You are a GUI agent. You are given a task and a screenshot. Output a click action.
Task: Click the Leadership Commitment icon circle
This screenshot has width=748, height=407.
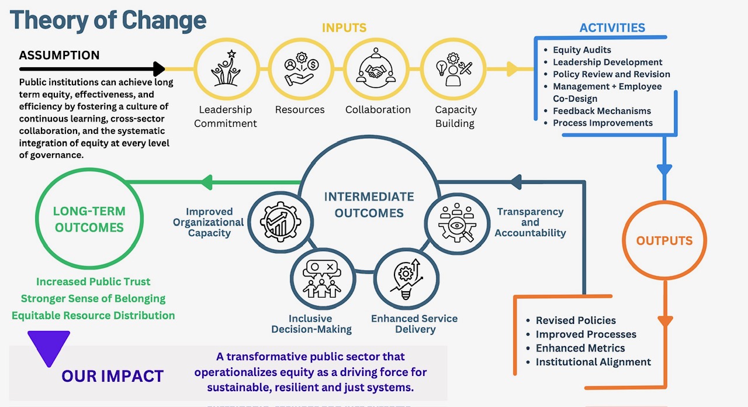pos(226,70)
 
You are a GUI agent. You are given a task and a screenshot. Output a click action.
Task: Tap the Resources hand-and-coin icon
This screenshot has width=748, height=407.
pos(300,70)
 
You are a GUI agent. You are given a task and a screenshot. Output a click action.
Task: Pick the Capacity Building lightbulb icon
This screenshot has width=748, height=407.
pos(453,70)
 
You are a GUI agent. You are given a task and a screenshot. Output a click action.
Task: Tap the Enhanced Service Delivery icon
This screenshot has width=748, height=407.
pos(403,280)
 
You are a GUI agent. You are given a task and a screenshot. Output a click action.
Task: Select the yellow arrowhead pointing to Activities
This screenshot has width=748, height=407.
pos(512,69)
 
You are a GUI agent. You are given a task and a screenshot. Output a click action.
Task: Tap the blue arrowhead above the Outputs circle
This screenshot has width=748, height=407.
pos(664,170)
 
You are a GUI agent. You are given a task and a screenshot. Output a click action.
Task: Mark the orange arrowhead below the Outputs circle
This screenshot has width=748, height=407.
pos(665,322)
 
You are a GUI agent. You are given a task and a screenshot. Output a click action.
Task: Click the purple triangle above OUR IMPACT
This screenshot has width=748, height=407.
pos(49,346)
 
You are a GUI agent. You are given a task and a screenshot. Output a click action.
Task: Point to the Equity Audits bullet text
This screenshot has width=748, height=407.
pos(582,50)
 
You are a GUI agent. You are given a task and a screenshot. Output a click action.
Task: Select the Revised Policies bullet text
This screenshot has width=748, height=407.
pos(576,320)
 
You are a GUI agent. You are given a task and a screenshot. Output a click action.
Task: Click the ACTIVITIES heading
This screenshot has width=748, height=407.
pos(612,27)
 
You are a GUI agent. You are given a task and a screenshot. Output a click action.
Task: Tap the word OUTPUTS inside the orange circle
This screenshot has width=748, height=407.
pos(664,241)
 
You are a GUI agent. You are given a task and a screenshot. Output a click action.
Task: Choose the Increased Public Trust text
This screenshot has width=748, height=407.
pos(93,282)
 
